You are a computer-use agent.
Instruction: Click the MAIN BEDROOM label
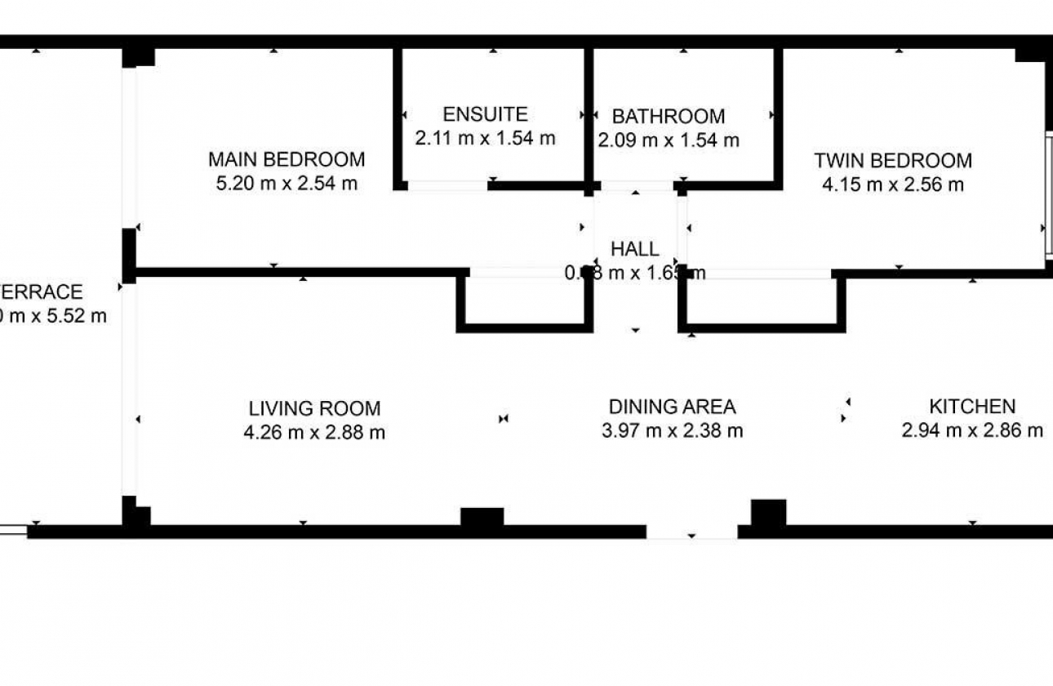[286, 159]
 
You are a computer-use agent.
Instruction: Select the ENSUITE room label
[485, 114]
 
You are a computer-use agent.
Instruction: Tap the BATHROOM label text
[668, 116]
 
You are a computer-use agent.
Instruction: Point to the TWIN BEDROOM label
[892, 161]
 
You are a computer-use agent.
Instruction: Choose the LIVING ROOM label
[314, 408]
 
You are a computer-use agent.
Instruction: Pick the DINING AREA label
[672, 407]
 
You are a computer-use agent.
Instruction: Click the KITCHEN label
[971, 407]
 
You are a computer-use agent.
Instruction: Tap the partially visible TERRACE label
[41, 292]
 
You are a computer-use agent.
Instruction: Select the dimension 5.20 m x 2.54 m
[286, 184]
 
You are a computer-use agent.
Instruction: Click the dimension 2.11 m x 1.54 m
[485, 138]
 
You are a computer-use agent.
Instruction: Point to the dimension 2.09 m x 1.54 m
[668, 140]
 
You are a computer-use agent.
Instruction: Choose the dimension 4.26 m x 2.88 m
[314, 433]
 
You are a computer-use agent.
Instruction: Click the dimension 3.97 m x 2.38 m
[672, 430]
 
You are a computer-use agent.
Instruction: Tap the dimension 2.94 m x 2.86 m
[971, 430]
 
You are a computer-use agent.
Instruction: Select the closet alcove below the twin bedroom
[761, 302]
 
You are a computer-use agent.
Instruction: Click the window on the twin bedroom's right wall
[1048, 196]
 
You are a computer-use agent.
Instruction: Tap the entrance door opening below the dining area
[691, 532]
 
